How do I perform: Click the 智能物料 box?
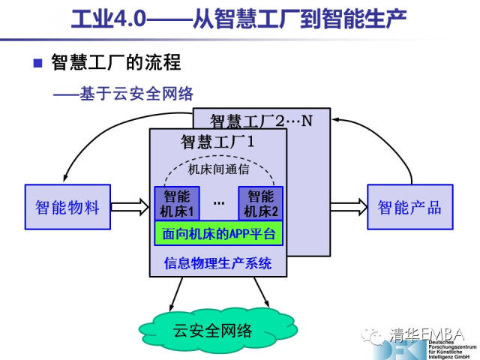(x=67, y=207)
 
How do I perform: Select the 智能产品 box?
(x=409, y=207)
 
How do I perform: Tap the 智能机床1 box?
(x=177, y=203)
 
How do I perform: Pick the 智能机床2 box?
(x=261, y=203)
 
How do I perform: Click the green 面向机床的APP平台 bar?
(x=218, y=233)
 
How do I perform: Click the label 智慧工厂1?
(x=218, y=140)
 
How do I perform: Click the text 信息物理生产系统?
(x=218, y=264)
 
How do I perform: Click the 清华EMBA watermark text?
(x=428, y=334)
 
